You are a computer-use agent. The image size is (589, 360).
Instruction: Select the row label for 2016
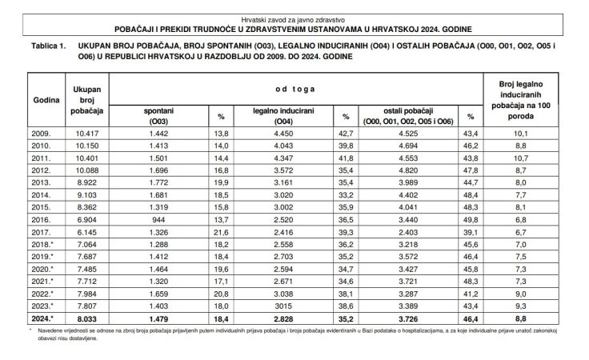(x=41, y=217)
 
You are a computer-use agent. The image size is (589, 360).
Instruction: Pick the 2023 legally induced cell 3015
(x=286, y=305)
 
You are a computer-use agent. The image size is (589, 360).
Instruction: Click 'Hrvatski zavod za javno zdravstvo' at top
(x=294, y=17)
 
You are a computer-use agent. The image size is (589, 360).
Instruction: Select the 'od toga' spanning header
(x=296, y=86)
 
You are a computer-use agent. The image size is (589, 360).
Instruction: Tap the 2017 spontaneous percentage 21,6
(x=222, y=230)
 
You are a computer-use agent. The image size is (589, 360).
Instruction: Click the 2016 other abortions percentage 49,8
(x=469, y=217)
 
